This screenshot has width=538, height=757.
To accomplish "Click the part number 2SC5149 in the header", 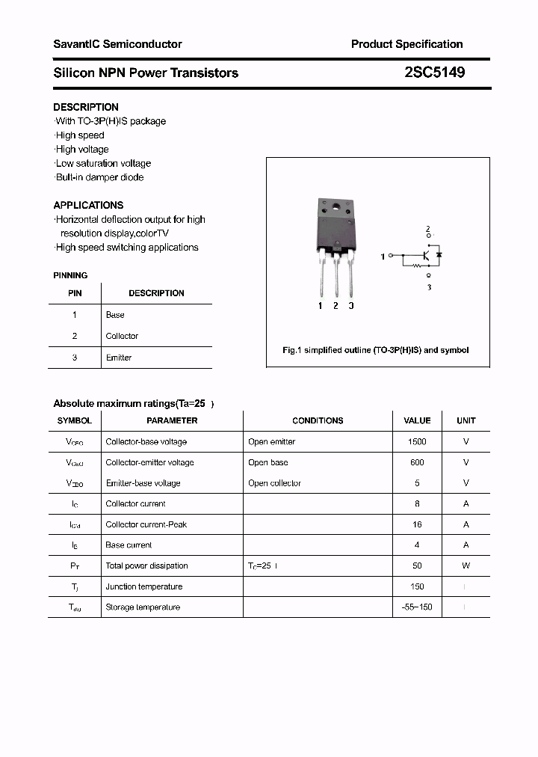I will [434, 73].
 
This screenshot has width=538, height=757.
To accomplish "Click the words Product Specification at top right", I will [406, 44].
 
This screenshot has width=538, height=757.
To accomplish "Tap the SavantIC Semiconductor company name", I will [117, 44].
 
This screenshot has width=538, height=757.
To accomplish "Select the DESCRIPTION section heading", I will [86, 107].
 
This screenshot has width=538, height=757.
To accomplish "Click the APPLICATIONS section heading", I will [88, 205].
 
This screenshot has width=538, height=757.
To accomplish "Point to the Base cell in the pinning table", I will [115, 315].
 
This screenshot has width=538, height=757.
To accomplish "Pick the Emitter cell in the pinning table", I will [119, 358].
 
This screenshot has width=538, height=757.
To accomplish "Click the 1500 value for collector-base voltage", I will [417, 441].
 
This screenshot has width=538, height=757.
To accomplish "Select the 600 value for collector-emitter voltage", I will [417, 462].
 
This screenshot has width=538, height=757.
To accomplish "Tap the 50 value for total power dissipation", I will [417, 566].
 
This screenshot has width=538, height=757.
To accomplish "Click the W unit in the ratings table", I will [466, 566].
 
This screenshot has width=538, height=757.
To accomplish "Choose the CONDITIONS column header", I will [318, 420].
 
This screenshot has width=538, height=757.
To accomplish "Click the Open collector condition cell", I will [274, 483].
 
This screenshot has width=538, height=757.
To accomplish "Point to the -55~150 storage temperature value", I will [417, 607].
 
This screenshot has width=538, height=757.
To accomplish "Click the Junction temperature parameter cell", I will [143, 586].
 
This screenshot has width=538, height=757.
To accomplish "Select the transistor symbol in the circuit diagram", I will [424, 256].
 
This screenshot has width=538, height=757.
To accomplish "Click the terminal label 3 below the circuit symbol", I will [429, 287].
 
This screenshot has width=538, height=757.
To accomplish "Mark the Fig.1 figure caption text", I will [375, 350].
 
